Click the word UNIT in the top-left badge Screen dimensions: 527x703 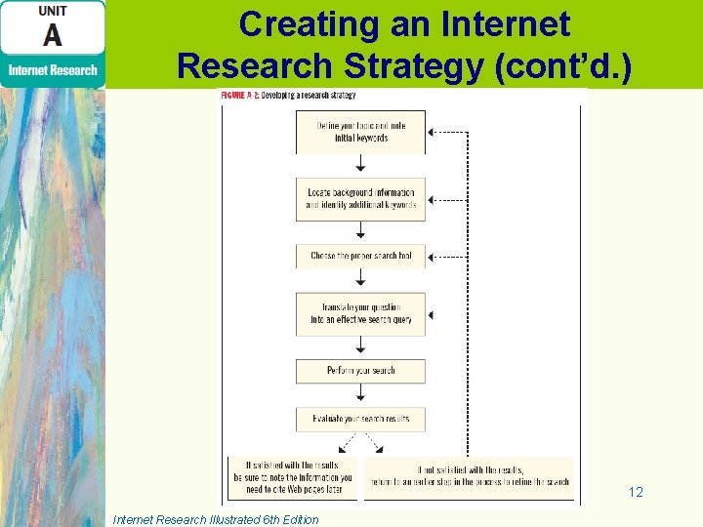point(52,11)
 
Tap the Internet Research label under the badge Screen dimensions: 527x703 point(53,70)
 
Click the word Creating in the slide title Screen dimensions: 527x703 point(301,24)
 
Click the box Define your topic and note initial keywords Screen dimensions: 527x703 point(360,132)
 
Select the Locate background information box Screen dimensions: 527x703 point(360,199)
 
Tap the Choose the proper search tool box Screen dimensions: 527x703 point(360,256)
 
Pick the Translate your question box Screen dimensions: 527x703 point(360,313)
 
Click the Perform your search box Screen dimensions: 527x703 point(360,371)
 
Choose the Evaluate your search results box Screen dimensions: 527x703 point(360,419)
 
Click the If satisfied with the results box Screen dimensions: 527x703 point(293,478)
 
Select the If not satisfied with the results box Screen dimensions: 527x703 point(468,476)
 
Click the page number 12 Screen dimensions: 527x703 point(636,493)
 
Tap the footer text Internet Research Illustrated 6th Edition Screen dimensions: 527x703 point(216,519)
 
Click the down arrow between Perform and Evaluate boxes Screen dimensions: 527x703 point(360,394)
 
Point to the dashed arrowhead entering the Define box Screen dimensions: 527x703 point(433,132)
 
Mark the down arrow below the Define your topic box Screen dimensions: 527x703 point(360,165)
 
